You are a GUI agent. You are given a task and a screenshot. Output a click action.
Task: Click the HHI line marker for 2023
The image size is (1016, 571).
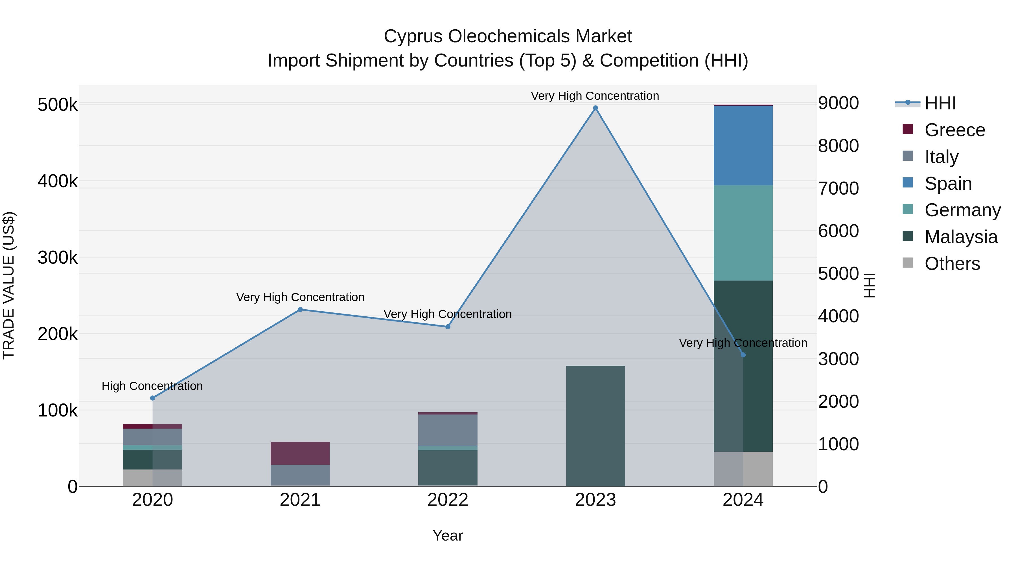click(595, 108)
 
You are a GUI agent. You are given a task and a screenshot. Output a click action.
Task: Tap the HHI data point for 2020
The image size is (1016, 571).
click(153, 398)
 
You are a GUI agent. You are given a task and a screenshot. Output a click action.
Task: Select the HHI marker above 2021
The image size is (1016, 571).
click(300, 309)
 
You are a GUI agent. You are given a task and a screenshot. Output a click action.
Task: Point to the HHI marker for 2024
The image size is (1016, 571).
click(743, 355)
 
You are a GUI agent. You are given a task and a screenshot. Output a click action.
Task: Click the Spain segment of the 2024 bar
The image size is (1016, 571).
click(743, 146)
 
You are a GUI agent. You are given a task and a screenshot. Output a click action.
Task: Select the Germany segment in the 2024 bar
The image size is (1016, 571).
click(743, 233)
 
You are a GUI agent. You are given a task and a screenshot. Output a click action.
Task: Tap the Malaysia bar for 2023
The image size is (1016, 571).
click(595, 426)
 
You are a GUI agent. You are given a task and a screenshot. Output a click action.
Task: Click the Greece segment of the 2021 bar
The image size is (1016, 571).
click(300, 453)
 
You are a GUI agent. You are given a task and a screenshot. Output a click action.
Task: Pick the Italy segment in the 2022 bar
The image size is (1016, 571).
click(448, 430)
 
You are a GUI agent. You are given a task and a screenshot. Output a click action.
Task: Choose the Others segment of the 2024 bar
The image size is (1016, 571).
click(743, 469)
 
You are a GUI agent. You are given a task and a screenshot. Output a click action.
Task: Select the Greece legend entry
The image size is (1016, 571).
click(954, 130)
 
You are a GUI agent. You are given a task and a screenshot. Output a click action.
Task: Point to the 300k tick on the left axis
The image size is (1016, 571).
click(58, 258)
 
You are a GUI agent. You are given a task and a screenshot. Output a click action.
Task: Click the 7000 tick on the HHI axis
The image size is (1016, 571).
click(838, 188)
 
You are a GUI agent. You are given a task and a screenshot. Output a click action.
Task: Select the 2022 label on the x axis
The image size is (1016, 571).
click(448, 500)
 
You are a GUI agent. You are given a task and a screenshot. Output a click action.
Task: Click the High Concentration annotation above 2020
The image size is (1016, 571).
click(152, 386)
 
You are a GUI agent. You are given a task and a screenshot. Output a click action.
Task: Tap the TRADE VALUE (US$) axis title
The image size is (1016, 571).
click(9, 285)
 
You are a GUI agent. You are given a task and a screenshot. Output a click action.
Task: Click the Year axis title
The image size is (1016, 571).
click(448, 535)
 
